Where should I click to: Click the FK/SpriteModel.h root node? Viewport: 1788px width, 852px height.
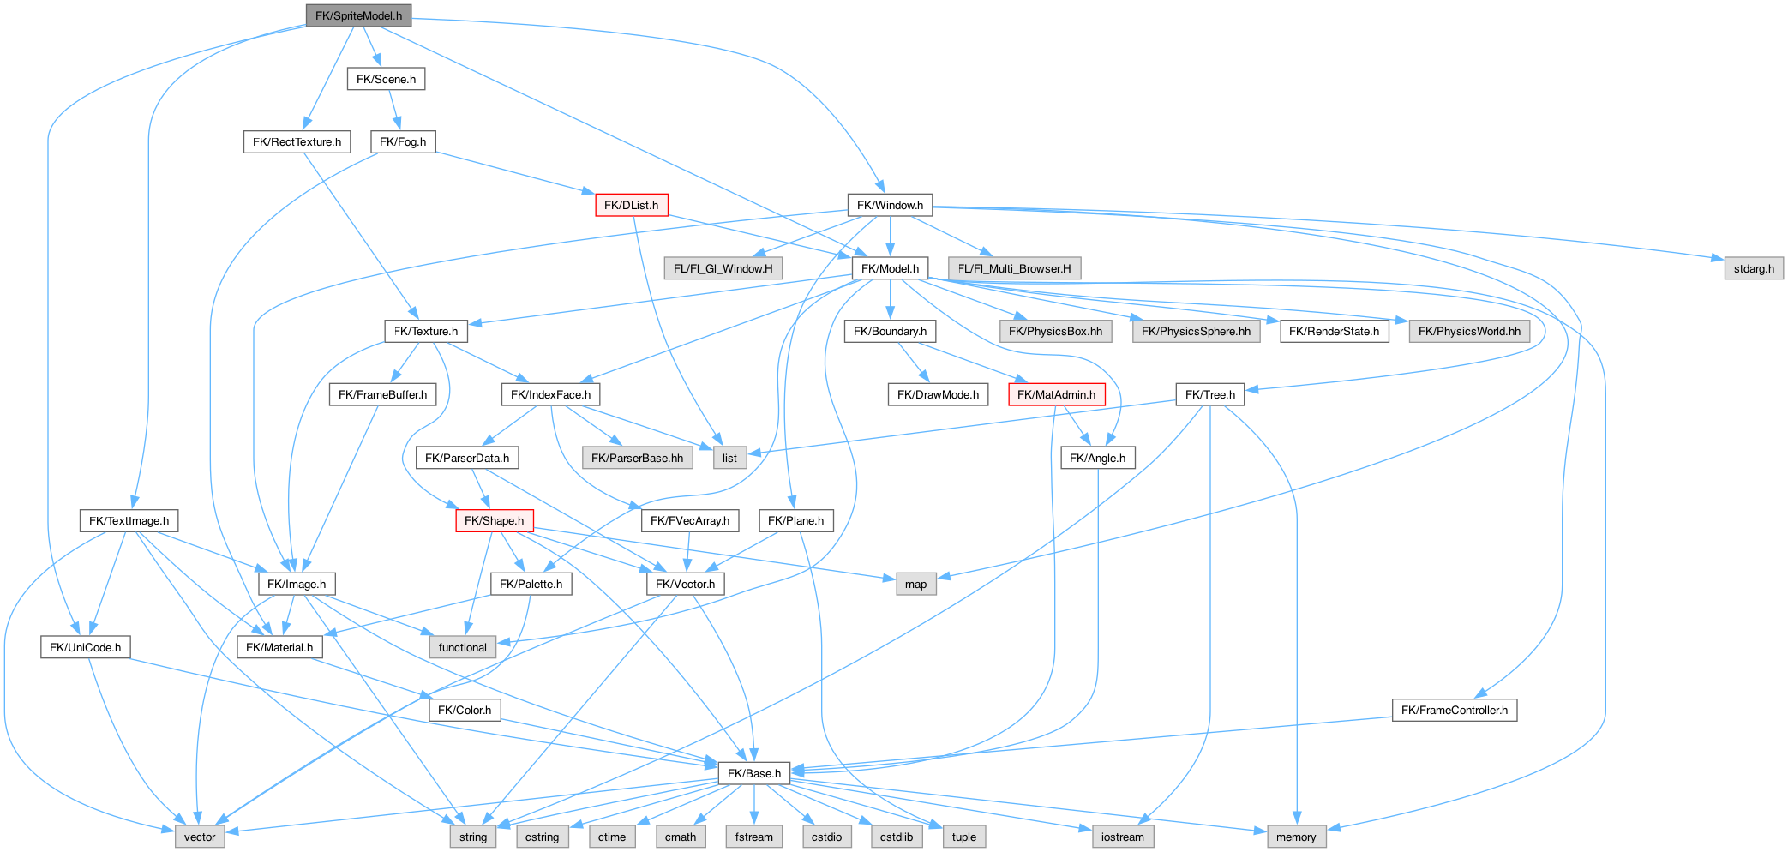pyautogui.click(x=358, y=15)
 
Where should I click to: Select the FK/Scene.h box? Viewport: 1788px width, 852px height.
pyautogui.click(x=386, y=79)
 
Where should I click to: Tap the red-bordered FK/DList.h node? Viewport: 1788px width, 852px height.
pyautogui.click(x=631, y=205)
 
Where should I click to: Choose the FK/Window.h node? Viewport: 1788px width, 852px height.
pyautogui.click(x=890, y=205)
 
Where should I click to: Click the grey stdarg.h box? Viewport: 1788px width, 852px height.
pyautogui.click(x=1754, y=268)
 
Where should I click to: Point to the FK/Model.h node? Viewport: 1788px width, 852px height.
pyautogui.click(x=890, y=268)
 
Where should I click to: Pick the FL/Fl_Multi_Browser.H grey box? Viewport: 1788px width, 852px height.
pyautogui.click(x=1014, y=268)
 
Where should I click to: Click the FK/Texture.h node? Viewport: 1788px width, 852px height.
pyautogui.click(x=425, y=331)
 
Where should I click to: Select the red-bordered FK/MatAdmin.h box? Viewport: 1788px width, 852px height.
pyautogui.click(x=1056, y=394)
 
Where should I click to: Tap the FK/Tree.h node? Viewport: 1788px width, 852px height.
pyautogui.click(x=1209, y=394)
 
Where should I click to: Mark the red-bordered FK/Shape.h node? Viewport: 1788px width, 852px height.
pyautogui.click(x=494, y=520)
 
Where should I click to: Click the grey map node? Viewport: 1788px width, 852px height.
pyautogui.click(x=915, y=584)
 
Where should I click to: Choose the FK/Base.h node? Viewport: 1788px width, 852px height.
pyautogui.click(x=753, y=773)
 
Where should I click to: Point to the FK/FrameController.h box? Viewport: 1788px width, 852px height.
pyautogui.click(x=1454, y=710)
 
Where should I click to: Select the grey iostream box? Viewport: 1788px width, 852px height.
pyautogui.click(x=1122, y=837)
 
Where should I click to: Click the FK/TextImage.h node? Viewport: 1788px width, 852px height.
pyautogui.click(x=129, y=520)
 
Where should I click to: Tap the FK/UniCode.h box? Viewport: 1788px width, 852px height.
pyautogui.click(x=85, y=647)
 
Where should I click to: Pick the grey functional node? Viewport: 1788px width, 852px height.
pyautogui.click(x=462, y=647)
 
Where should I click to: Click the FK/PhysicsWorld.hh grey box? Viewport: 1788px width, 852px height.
pyautogui.click(x=1469, y=331)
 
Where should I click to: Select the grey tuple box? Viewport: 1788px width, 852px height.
pyautogui.click(x=963, y=837)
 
